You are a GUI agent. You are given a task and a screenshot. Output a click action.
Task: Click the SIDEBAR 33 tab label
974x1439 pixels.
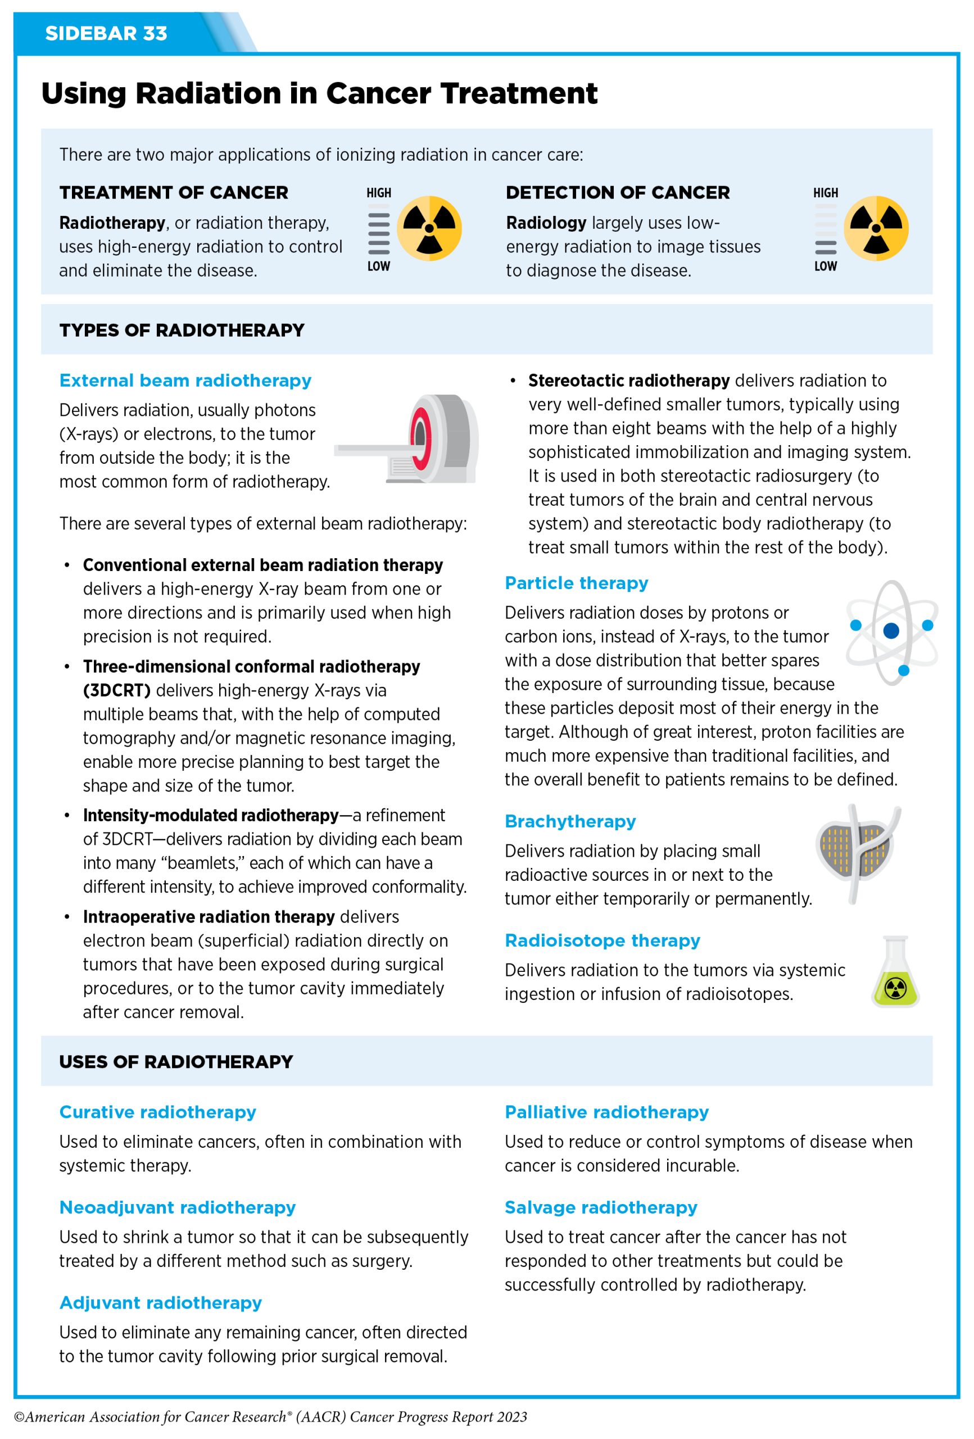point(106,33)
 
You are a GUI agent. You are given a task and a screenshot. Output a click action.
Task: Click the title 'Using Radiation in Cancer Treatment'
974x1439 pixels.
point(319,94)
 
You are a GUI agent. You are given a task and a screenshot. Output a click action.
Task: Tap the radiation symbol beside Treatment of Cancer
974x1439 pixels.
point(429,228)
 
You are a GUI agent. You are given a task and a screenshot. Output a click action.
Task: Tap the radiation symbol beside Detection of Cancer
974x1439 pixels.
point(876,228)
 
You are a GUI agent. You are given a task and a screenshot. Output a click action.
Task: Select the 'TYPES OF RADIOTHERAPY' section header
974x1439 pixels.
point(182,330)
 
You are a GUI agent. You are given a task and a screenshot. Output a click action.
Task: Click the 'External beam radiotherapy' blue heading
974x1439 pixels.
point(185,380)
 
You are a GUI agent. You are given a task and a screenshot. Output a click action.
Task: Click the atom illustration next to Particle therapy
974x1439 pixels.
point(891,632)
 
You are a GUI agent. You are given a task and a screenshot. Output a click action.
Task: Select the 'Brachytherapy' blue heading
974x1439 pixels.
point(570,821)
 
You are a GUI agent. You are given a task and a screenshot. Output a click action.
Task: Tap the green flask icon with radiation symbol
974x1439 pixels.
point(895,972)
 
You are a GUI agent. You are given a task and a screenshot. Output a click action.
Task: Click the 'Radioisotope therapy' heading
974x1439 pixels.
point(602,940)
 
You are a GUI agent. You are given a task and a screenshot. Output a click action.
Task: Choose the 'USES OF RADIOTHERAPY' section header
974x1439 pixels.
point(176,1062)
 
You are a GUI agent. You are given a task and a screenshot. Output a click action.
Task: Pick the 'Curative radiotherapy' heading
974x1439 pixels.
point(158,1112)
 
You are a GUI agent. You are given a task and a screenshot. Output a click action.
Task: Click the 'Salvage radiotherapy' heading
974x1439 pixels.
point(601,1207)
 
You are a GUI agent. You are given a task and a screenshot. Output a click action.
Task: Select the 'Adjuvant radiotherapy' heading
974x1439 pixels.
point(160,1303)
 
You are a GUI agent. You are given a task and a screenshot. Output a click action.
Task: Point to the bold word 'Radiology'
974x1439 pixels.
point(546,223)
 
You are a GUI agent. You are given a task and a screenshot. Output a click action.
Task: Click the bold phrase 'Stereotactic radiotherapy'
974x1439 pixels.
point(628,381)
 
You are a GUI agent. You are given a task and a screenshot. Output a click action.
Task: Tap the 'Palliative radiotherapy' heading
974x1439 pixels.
point(607,1112)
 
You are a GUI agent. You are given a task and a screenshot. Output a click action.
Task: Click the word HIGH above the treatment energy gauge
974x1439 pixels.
point(378,193)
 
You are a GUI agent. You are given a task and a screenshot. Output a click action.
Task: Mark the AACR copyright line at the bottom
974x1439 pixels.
point(270,1417)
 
